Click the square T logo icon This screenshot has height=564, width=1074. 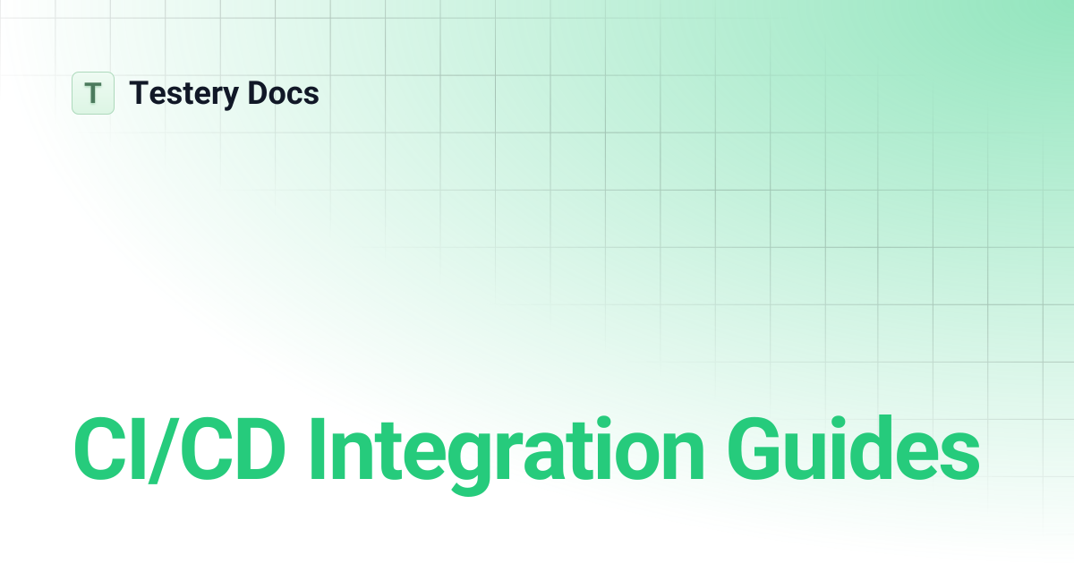(x=93, y=93)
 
